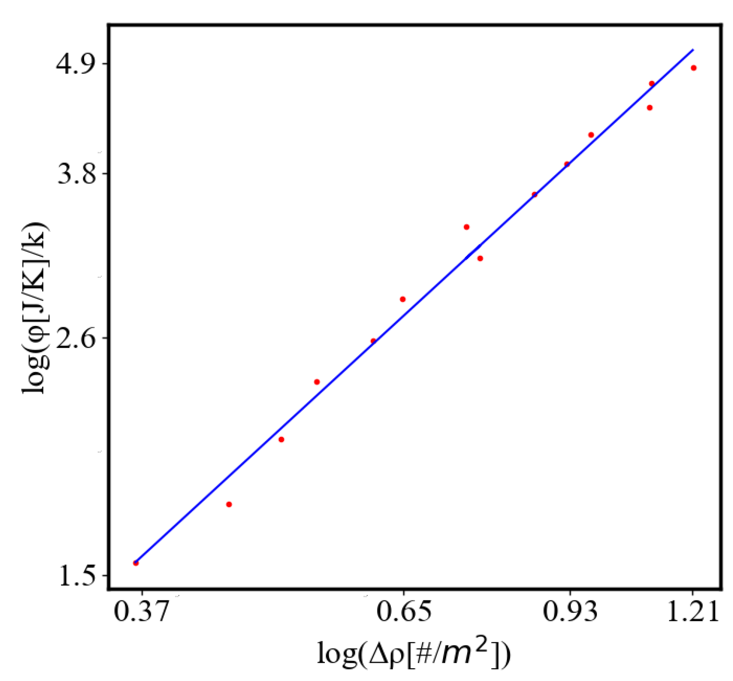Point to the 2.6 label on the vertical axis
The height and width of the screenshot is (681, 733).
[76, 337]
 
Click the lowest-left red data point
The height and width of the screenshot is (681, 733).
[136, 563]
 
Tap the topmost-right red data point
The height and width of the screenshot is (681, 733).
[693, 68]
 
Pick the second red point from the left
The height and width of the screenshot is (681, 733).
[229, 504]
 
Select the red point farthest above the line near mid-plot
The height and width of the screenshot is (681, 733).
[466, 227]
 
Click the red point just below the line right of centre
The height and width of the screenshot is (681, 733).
[480, 258]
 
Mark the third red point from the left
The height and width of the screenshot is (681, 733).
[281, 440]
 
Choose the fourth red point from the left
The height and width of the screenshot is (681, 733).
[317, 382]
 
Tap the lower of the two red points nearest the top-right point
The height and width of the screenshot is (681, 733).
[650, 107]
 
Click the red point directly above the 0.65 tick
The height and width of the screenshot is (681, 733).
[402, 299]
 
